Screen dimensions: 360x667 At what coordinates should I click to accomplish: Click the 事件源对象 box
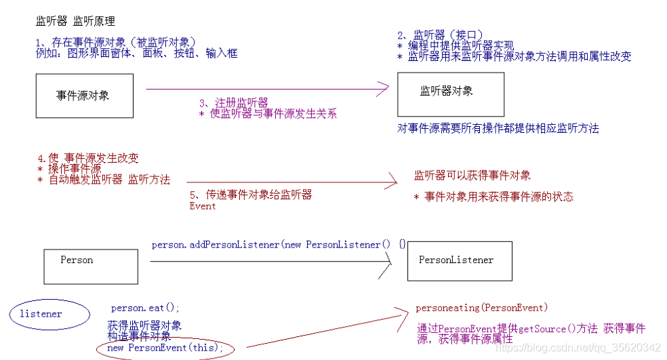tap(84, 96)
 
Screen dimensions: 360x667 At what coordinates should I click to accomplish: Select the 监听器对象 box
tap(450, 94)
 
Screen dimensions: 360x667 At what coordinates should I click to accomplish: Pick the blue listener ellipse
tap(49, 315)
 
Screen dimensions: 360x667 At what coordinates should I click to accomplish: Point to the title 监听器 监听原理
tap(75, 22)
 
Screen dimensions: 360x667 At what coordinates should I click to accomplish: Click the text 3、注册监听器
tap(233, 102)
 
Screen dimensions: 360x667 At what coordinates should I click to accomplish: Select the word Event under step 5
tap(203, 206)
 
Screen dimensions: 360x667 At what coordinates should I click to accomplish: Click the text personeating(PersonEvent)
tap(482, 308)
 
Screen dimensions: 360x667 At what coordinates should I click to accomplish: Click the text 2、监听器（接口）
tap(440, 35)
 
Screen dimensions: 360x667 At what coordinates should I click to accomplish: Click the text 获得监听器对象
tap(144, 326)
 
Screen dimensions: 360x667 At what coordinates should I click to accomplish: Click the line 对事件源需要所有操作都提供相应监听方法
tap(498, 128)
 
